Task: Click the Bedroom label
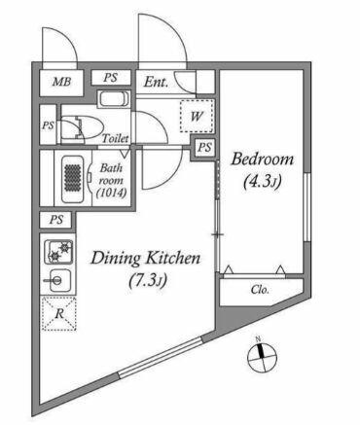262,159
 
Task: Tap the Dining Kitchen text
145,259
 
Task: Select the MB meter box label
61,82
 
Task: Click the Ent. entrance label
156,82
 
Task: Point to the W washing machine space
197,116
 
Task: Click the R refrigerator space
58,314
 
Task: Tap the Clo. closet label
260,290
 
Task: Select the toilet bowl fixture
81,128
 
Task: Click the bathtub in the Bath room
72,179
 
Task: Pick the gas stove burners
58,252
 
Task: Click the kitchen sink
56,280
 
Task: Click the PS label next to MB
111,78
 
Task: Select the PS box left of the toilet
48,125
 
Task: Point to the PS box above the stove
56,220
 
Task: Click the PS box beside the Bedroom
204,148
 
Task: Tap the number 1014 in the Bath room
111,194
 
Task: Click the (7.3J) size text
148,281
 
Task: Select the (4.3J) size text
262,182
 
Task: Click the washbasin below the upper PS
114,99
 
